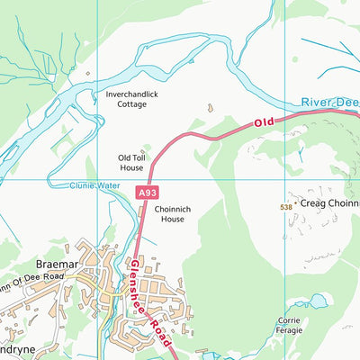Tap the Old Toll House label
(x=130, y=162)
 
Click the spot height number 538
(x=285, y=206)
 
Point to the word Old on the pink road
(x=263, y=121)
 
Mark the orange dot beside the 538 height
(x=295, y=205)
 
